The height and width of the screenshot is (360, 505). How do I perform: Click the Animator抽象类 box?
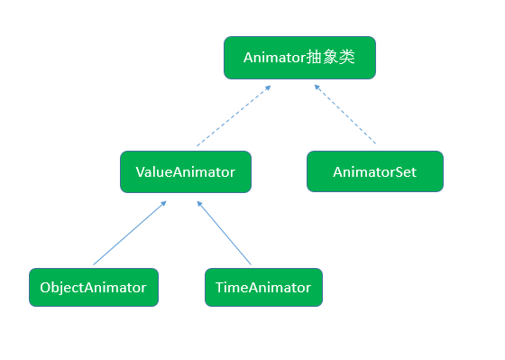click(x=298, y=58)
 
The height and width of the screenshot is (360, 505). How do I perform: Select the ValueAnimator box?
click(x=185, y=171)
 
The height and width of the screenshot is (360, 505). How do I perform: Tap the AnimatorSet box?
click(x=374, y=171)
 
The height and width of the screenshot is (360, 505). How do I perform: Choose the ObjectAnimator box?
click(x=93, y=288)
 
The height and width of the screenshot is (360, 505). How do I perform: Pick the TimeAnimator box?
click(x=262, y=288)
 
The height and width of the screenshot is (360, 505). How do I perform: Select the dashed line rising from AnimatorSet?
click(x=346, y=115)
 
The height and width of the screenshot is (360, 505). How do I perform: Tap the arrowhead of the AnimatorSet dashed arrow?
click(x=317, y=87)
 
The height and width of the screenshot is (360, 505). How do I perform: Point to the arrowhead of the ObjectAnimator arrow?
click(x=163, y=203)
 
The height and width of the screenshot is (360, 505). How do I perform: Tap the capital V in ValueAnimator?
click(x=140, y=171)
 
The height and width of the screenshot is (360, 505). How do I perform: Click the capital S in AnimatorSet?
click(x=399, y=171)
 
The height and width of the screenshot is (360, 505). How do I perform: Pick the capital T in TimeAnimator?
click(x=219, y=288)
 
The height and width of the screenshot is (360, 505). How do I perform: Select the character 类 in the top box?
click(x=346, y=58)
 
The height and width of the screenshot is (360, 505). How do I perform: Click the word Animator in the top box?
click(x=274, y=58)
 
